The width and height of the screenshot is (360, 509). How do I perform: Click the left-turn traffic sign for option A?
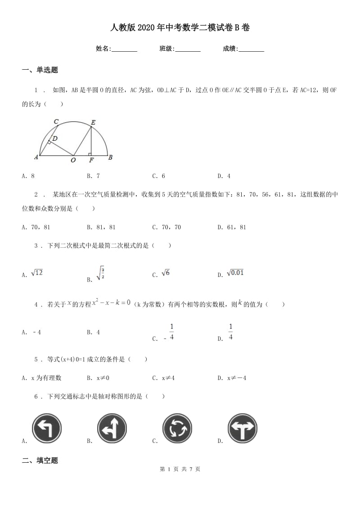click(x=46, y=428)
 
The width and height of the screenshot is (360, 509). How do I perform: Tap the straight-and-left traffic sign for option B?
click(x=112, y=428)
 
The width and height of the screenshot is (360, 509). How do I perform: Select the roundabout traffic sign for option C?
click(x=177, y=428)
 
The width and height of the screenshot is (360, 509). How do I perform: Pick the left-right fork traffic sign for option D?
click(x=243, y=428)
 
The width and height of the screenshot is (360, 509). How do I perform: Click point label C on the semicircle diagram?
click(x=56, y=121)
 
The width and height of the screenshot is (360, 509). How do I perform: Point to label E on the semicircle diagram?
click(x=93, y=122)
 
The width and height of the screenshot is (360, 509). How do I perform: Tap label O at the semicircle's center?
click(x=73, y=160)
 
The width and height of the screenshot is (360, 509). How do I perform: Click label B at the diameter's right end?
click(x=110, y=157)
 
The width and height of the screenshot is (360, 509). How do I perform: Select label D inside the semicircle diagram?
click(x=54, y=138)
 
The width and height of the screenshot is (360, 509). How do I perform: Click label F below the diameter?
click(x=91, y=160)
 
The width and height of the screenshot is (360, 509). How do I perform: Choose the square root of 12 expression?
click(x=36, y=273)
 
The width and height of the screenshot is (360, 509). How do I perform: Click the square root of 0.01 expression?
click(x=235, y=273)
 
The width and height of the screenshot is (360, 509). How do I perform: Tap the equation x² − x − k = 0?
click(x=111, y=304)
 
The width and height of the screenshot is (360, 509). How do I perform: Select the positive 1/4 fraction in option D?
click(x=230, y=332)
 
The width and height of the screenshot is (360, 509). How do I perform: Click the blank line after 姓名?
click(x=124, y=49)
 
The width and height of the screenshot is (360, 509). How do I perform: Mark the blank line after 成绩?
click(x=251, y=49)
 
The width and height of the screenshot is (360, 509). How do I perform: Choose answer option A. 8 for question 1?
click(x=28, y=176)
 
